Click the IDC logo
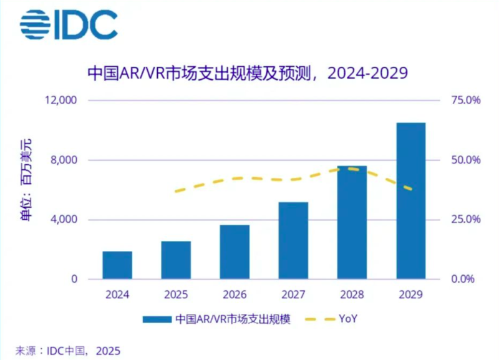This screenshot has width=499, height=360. [x=69, y=25]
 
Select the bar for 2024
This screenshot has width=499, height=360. [x=117, y=265]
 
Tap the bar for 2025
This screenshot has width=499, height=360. [x=176, y=260]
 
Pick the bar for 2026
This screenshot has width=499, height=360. [x=235, y=252]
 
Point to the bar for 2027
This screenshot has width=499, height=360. [x=293, y=241]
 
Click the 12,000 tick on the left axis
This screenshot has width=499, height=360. [x=59, y=100]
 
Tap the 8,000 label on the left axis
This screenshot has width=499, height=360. [x=62, y=160]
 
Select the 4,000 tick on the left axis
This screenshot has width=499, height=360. [x=62, y=220]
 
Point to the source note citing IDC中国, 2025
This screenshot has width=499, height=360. [x=68, y=351]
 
